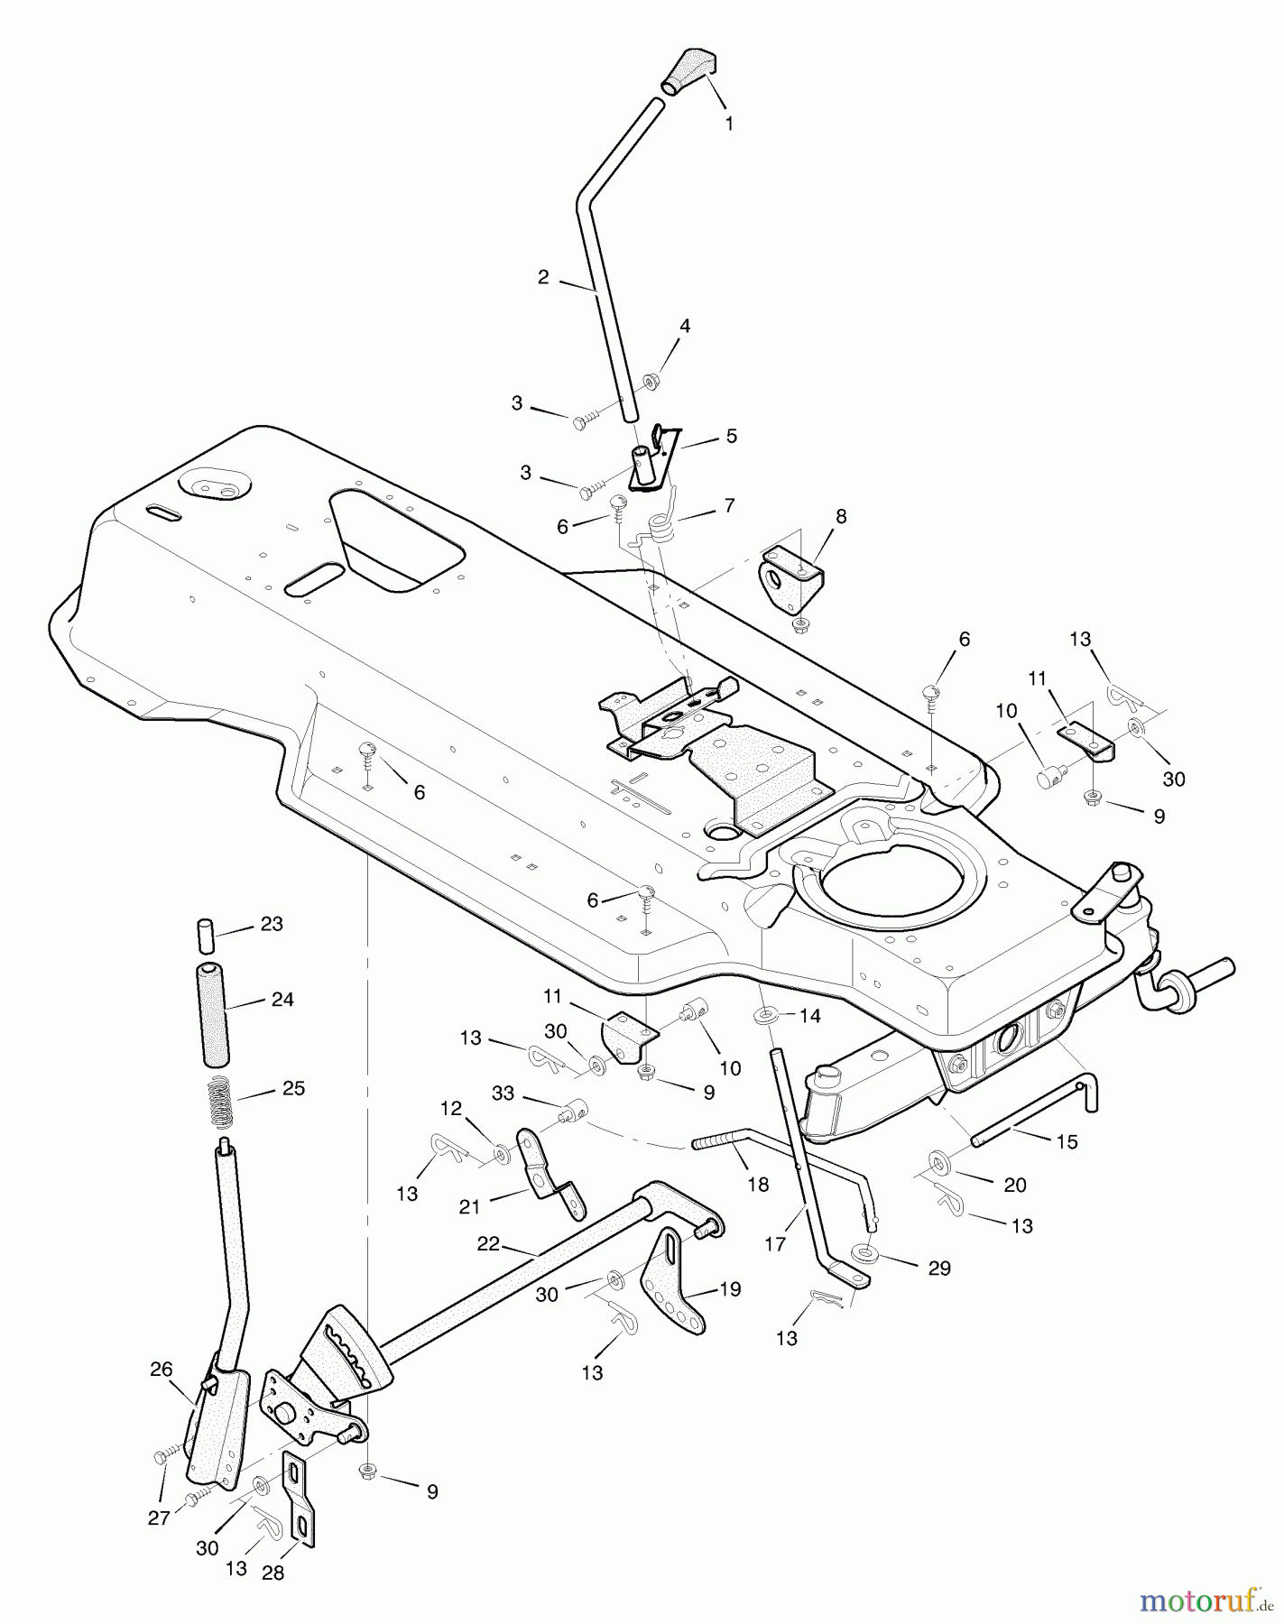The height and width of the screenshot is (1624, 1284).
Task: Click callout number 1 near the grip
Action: click(729, 124)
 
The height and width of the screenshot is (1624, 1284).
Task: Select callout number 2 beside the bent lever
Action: click(542, 278)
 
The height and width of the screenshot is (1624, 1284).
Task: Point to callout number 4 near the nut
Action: click(685, 327)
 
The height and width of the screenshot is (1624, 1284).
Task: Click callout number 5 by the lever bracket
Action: click(731, 437)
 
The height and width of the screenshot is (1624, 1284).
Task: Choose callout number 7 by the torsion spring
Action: click(728, 505)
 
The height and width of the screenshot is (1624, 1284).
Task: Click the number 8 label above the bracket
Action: click(841, 516)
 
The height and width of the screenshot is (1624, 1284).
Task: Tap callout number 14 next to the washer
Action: click(809, 1016)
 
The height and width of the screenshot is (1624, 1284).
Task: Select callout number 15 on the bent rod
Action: click(1067, 1141)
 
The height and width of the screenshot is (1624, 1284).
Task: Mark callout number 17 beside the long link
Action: click(774, 1244)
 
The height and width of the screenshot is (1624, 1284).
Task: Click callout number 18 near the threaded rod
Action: click(758, 1184)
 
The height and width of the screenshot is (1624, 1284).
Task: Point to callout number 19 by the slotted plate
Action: click(729, 1289)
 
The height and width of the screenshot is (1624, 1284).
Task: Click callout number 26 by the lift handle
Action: click(161, 1370)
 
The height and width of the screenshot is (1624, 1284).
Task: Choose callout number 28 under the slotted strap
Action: click(273, 1573)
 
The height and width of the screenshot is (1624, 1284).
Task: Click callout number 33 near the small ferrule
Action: click(503, 1093)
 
